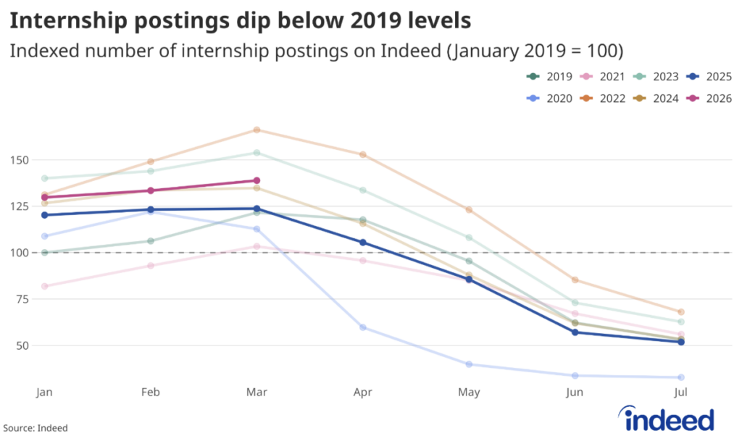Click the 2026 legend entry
tap(710, 98)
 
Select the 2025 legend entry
tap(710, 77)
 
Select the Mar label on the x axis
tap(257, 392)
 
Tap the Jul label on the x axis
tap(680, 392)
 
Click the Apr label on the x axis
tap(362, 392)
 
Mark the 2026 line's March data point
tap(257, 180)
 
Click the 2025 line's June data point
tap(575, 332)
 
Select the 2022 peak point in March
tap(257, 130)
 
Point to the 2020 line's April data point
tap(362, 327)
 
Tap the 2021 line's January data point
tap(45, 286)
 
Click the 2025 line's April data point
tap(362, 243)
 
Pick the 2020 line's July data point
tap(680, 377)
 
